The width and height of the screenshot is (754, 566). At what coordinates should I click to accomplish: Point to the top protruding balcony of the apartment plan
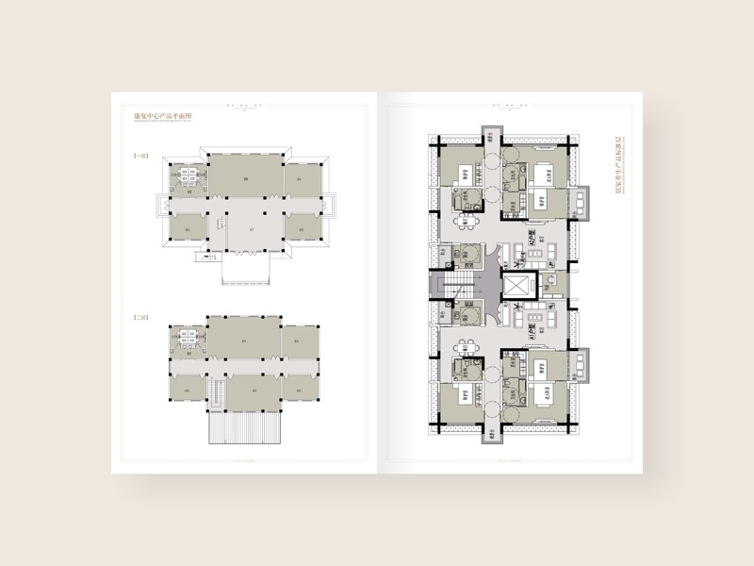(494, 135)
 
